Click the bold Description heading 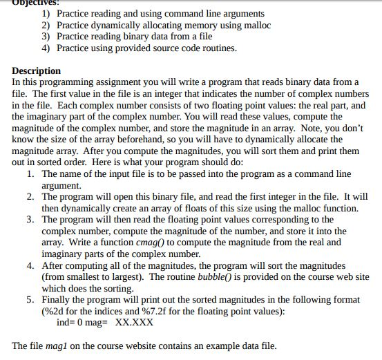(x=36, y=70)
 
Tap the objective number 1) (x=46, y=13)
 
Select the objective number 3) (x=46, y=37)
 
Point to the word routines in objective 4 (x=216, y=48)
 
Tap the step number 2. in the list (x=32, y=197)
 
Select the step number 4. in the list (x=32, y=265)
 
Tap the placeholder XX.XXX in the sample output (x=134, y=322)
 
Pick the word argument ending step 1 (x=61, y=185)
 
